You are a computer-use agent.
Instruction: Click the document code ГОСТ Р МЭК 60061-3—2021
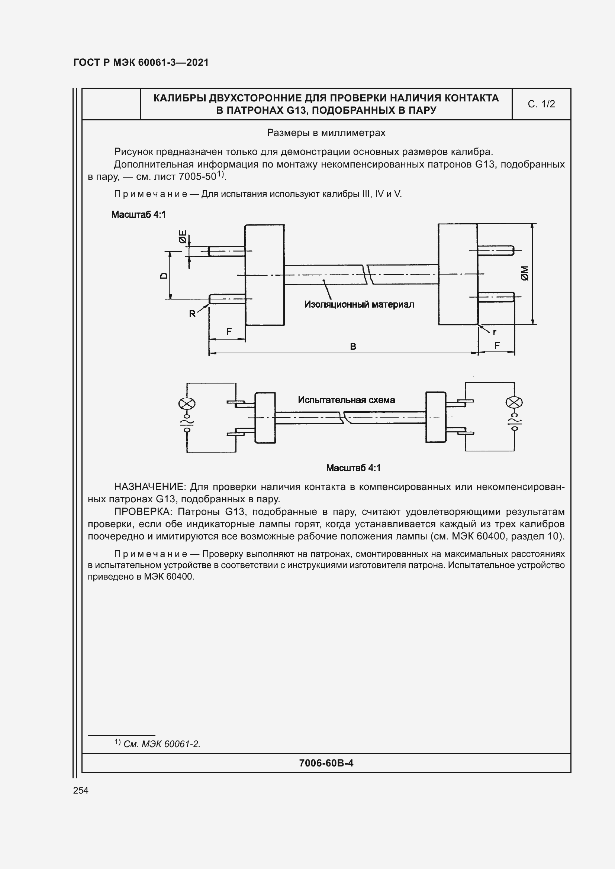pyautogui.click(x=141, y=62)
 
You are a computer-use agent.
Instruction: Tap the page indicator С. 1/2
pyautogui.click(x=541, y=104)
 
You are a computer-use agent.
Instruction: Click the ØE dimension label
pyautogui.click(x=183, y=237)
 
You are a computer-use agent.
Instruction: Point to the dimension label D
pyautogui.click(x=164, y=275)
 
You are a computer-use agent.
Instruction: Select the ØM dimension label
pyautogui.click(x=525, y=273)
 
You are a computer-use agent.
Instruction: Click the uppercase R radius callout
pyautogui.click(x=192, y=314)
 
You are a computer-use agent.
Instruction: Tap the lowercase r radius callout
pyautogui.click(x=494, y=332)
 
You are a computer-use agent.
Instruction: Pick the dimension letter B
pyautogui.click(x=353, y=346)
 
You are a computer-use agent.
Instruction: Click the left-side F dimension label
pyautogui.click(x=229, y=331)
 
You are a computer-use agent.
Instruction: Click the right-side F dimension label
pyautogui.click(x=497, y=345)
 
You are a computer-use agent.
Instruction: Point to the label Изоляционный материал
pyautogui.click(x=359, y=304)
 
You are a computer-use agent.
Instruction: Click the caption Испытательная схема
pyautogui.click(x=346, y=400)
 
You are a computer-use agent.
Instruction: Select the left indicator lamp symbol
pyautogui.click(x=187, y=404)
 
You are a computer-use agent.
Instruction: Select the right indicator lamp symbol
pyautogui.click(x=514, y=402)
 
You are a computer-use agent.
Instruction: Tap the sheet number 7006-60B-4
pyautogui.click(x=326, y=763)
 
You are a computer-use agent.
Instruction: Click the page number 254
pyautogui.click(x=81, y=790)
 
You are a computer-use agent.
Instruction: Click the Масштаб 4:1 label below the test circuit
pyautogui.click(x=353, y=468)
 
